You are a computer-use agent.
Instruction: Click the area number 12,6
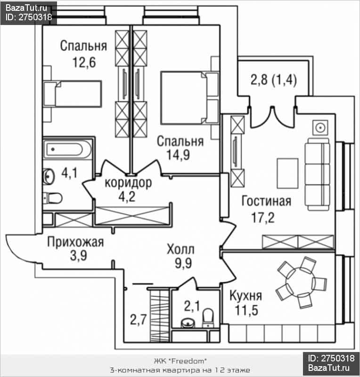point(84,62)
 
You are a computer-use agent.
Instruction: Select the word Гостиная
point(266,202)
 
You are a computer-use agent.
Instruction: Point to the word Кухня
point(245,296)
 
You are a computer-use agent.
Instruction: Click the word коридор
point(128,182)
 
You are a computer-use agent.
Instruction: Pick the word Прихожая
point(75,242)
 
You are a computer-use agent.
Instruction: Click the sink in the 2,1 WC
point(188,323)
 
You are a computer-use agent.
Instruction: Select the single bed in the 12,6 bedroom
point(73,93)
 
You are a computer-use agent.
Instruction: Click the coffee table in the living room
point(287,173)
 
